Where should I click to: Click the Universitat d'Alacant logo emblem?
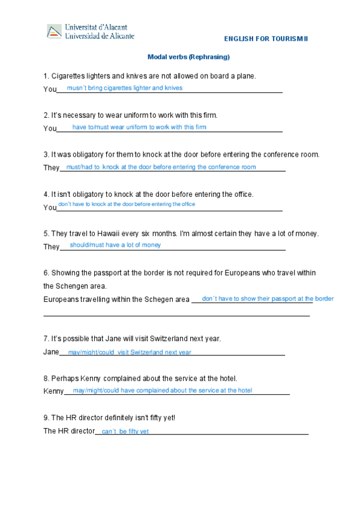[x=54, y=32]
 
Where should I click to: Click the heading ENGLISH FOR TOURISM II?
[x=265, y=39]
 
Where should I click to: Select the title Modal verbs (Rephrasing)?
[x=188, y=57]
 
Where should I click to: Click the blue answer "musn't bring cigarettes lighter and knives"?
[x=124, y=88]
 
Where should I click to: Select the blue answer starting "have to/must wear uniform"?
[x=139, y=127]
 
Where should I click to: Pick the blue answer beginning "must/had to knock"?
[x=161, y=167]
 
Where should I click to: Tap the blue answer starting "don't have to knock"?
[x=127, y=205]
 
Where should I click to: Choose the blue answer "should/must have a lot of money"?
[x=115, y=245]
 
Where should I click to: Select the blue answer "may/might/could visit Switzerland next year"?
[x=130, y=352]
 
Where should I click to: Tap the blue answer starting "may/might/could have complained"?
[x=162, y=390]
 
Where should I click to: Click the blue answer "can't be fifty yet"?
[x=125, y=432]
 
